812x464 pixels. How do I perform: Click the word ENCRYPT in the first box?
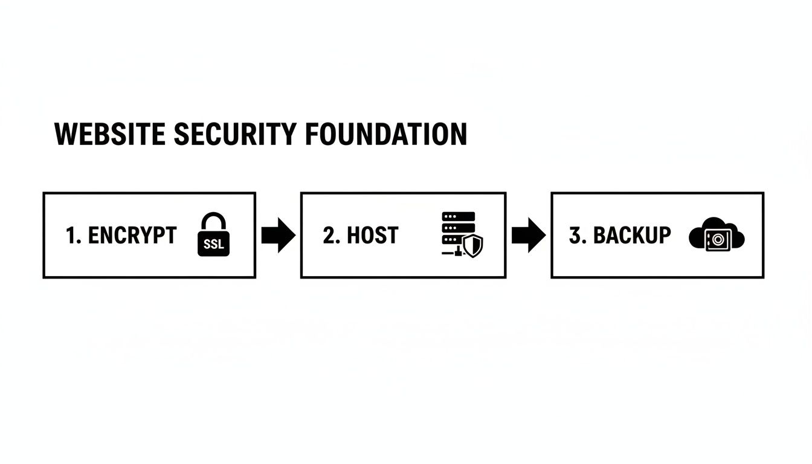click(132, 235)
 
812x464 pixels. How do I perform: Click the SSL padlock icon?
click(213, 235)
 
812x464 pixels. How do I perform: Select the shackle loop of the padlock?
click(213, 221)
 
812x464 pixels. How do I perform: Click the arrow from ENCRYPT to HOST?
click(279, 235)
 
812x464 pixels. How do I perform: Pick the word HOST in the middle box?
click(372, 235)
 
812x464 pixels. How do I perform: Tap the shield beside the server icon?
click(473, 246)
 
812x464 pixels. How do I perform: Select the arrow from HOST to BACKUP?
click(529, 235)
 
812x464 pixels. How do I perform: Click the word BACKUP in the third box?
click(631, 235)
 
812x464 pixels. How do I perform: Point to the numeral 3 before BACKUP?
click(575, 235)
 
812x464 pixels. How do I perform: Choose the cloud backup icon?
click(717, 235)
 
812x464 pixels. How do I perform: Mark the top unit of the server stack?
click(459, 216)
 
